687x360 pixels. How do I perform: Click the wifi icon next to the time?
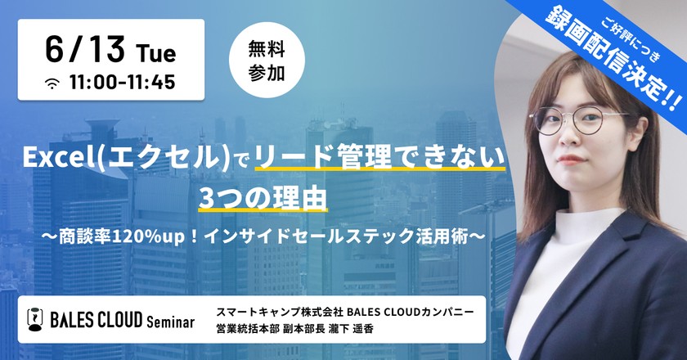tap(54, 83)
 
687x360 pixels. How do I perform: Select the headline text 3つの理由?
tap(263, 198)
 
